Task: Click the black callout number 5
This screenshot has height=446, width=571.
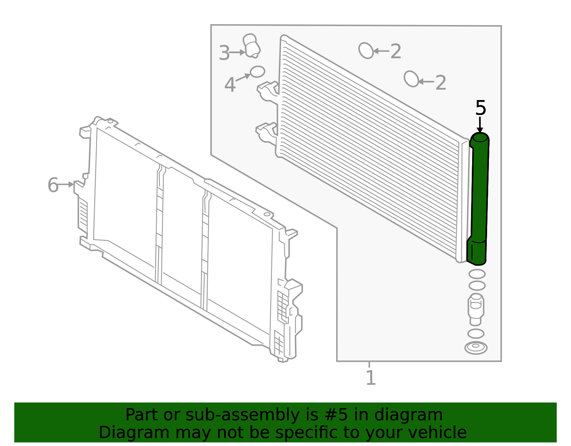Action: click(x=481, y=108)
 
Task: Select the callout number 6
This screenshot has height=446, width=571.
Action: click(x=53, y=185)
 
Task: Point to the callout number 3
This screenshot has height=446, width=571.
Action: click(x=224, y=53)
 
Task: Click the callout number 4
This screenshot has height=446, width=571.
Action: click(x=230, y=85)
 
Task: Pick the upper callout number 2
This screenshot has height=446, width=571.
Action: click(x=396, y=51)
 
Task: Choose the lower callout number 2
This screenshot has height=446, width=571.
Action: click(x=441, y=82)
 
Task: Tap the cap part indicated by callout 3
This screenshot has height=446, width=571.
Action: click(x=252, y=46)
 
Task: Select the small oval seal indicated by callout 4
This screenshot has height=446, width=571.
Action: click(x=257, y=71)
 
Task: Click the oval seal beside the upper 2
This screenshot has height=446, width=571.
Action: click(x=366, y=50)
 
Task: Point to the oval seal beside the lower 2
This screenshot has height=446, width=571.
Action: click(x=411, y=79)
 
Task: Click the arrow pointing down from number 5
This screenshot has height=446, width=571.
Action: click(x=480, y=125)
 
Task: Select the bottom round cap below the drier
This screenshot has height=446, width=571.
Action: click(x=476, y=348)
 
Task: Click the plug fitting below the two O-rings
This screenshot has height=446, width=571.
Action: click(x=476, y=309)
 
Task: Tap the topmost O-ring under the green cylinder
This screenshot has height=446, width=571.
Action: click(x=477, y=274)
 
